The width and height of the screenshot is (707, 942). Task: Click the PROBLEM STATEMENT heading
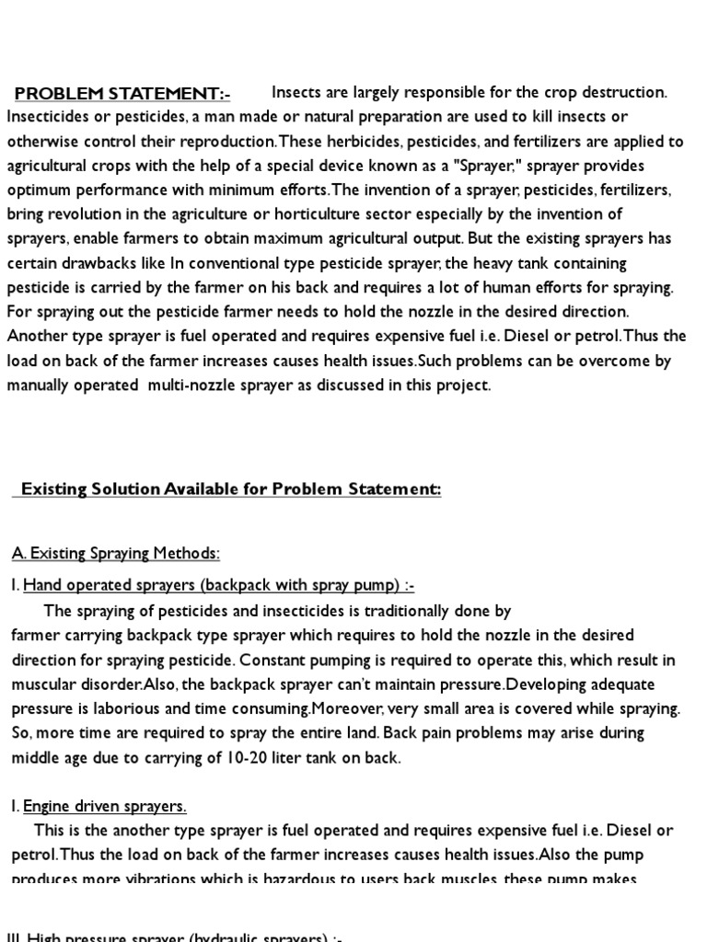click(122, 93)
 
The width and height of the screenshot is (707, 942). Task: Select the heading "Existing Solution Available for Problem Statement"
click(230, 489)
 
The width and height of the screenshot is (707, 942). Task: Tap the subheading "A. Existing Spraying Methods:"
click(116, 553)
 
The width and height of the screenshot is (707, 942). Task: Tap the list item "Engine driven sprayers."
click(104, 807)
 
